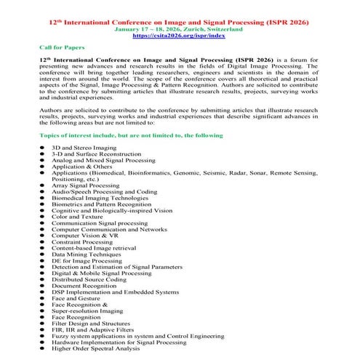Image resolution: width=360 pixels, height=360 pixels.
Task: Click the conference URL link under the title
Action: click(x=180, y=34)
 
